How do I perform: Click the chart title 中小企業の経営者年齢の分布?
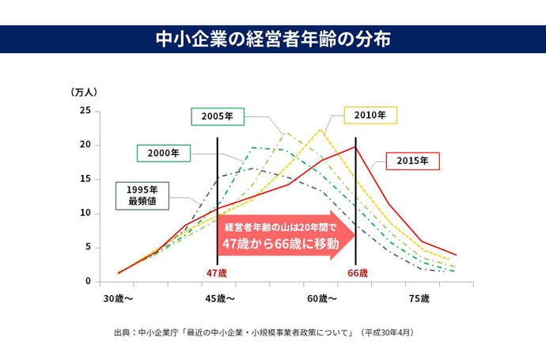point(272,40)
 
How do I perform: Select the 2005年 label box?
point(217,116)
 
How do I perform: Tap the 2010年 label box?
point(370,116)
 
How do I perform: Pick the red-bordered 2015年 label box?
point(412,161)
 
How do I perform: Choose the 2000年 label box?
point(163,153)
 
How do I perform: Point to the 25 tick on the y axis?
point(85,111)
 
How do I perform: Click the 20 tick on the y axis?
point(85,145)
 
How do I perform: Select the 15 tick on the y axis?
point(85,180)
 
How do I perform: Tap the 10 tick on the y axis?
point(85,214)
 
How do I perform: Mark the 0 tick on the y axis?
point(87,282)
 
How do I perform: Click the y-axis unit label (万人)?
point(84,92)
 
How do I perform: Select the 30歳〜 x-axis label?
point(118,299)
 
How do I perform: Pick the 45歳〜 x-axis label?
point(220,299)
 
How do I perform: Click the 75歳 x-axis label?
point(419,299)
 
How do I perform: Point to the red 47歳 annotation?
point(216,273)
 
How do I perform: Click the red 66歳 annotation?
point(358,273)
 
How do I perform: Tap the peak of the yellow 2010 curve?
point(320,130)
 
